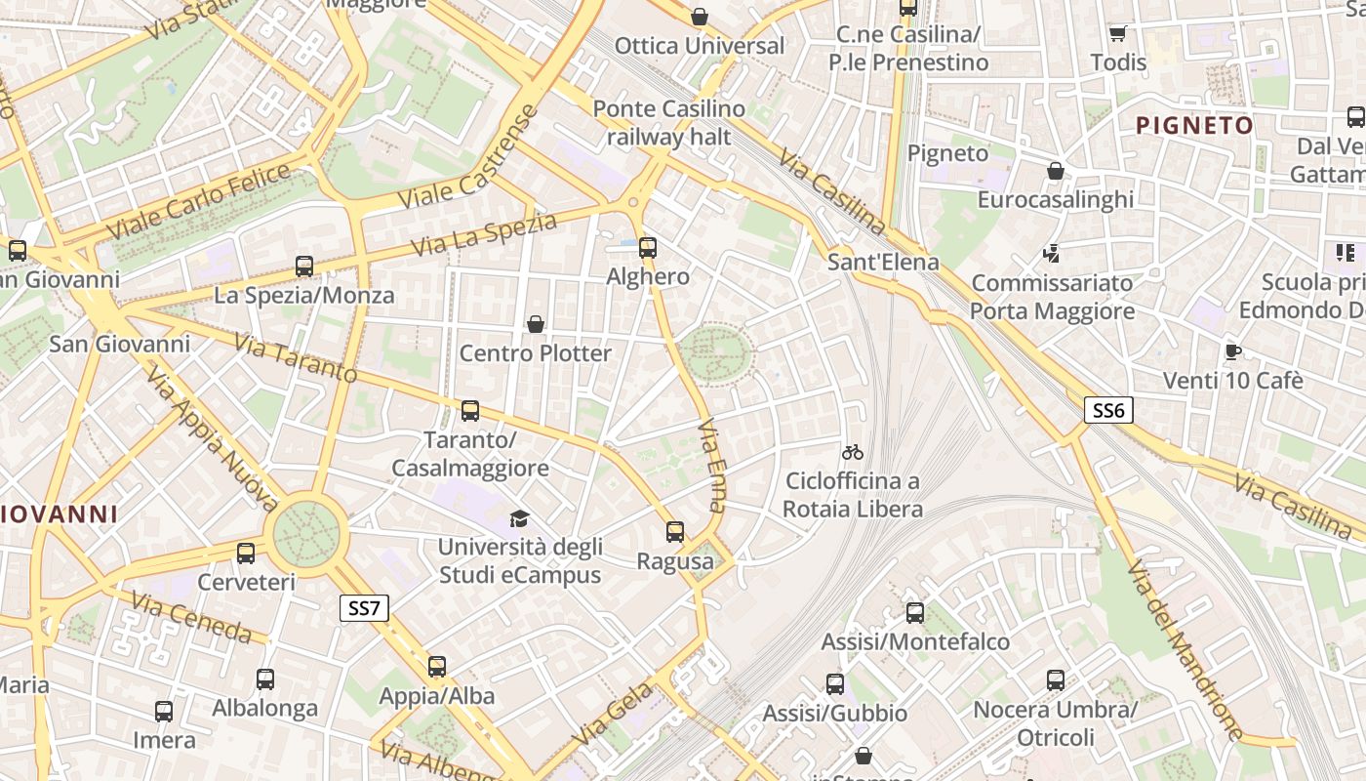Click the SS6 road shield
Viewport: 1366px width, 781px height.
click(x=1108, y=410)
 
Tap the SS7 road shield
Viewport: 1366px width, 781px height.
click(x=364, y=608)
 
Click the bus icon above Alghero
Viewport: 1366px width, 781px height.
click(x=648, y=248)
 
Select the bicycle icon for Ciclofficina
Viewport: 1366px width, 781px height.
click(x=853, y=452)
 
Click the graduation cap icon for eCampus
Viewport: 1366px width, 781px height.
click(x=519, y=518)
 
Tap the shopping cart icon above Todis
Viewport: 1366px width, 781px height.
click(x=1118, y=34)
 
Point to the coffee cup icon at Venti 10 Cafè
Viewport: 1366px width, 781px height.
click(x=1232, y=351)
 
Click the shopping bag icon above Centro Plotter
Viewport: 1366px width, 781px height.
click(x=535, y=324)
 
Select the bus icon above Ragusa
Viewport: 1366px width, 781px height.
click(x=675, y=532)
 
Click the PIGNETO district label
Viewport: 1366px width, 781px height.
click(x=1195, y=125)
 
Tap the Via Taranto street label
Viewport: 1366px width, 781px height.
click(x=297, y=358)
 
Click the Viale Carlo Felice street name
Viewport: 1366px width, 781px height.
click(x=199, y=203)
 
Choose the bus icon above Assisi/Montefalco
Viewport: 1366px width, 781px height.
click(x=915, y=613)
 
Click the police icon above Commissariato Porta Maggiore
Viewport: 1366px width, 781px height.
click(x=1051, y=254)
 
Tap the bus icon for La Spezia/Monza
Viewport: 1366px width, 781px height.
click(x=304, y=267)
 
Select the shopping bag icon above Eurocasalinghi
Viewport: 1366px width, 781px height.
click(x=1055, y=172)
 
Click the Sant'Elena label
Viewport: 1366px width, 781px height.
click(x=883, y=262)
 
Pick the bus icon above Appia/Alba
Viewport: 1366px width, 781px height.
click(x=437, y=667)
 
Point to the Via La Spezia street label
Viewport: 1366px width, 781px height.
click(x=484, y=235)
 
